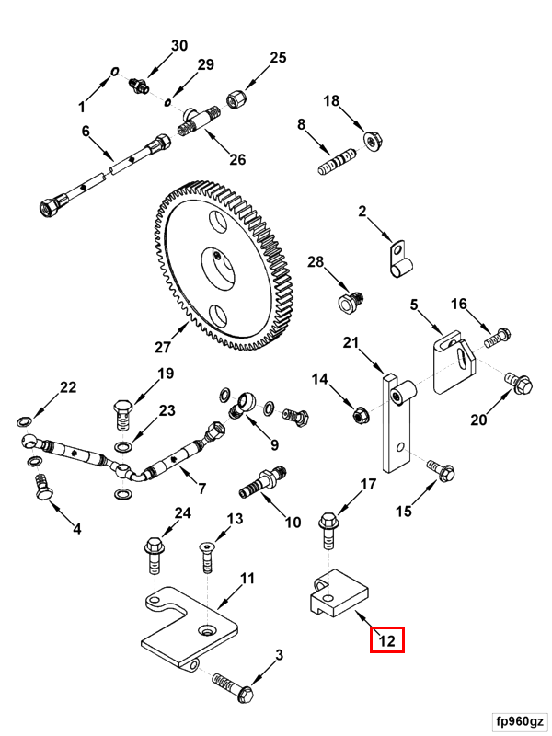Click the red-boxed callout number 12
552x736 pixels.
(x=387, y=640)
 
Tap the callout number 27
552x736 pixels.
(x=163, y=347)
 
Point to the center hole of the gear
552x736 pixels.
(x=223, y=269)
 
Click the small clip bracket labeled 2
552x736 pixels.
(x=397, y=257)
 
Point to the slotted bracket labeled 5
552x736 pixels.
(x=452, y=362)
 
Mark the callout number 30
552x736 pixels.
(x=178, y=46)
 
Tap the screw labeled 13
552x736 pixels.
(x=207, y=556)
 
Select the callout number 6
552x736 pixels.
(x=86, y=132)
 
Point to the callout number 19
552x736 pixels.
(x=165, y=374)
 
